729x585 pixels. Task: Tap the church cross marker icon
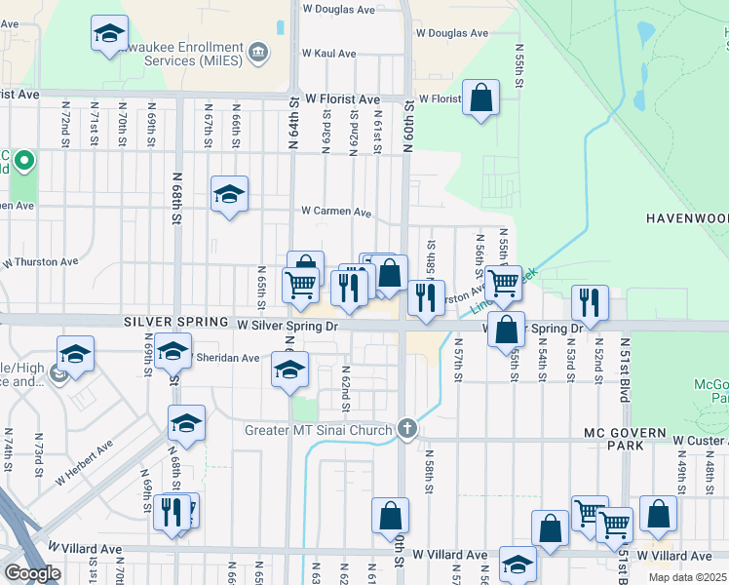click(407, 428)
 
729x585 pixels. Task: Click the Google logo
click(32, 572)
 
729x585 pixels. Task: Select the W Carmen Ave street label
click(336, 211)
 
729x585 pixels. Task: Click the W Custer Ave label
click(695, 441)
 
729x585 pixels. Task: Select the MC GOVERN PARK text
click(624, 439)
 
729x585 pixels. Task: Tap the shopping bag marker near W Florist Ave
click(480, 97)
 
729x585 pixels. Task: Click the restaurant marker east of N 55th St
click(590, 302)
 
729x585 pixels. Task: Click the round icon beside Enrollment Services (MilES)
click(258, 53)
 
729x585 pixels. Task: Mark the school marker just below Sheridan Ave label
click(289, 370)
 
